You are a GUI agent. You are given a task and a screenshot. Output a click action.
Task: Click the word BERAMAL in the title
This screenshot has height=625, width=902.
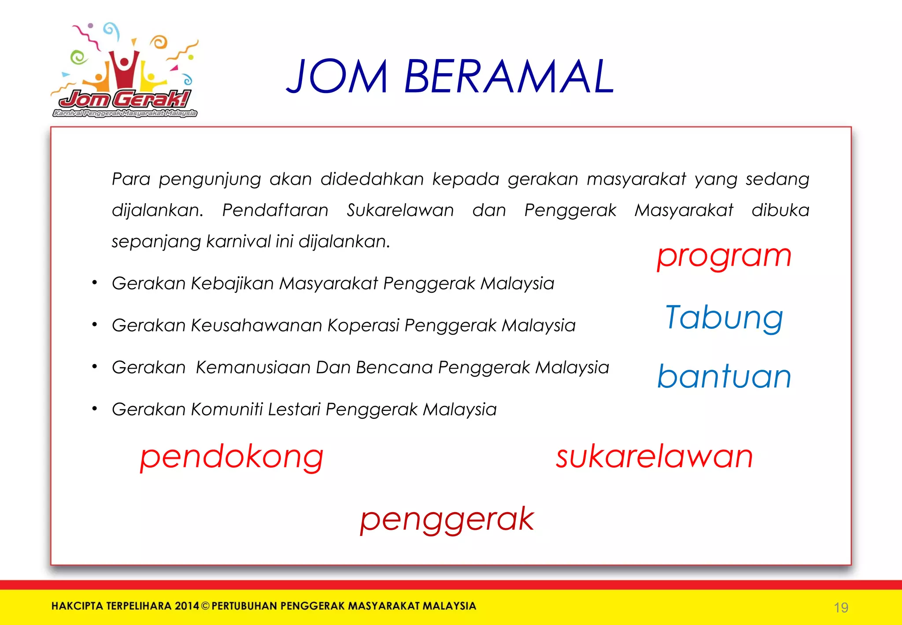coord(509,77)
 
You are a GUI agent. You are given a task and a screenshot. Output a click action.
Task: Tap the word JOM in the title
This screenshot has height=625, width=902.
coord(337,77)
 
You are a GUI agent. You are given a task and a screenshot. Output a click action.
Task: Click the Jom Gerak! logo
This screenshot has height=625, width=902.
coord(125,71)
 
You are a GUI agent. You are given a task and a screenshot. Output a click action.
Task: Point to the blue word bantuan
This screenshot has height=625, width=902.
coord(724,377)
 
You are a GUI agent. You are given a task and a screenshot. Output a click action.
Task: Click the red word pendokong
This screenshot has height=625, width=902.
coord(232,457)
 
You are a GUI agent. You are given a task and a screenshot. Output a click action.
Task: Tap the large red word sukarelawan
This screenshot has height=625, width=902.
coord(654,457)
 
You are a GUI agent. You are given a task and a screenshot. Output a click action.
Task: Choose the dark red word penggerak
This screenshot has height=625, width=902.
coord(447,519)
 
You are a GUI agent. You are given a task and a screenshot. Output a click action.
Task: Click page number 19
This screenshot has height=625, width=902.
coord(841,608)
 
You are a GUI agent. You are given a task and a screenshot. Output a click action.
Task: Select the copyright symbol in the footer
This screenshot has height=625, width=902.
coord(205,606)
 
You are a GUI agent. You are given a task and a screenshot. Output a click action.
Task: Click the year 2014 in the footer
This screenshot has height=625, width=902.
coord(187,606)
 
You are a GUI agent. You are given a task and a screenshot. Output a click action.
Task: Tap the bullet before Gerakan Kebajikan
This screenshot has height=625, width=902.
coord(94,283)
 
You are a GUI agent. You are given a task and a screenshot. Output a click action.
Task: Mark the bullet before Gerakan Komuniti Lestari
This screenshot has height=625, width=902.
coord(94,409)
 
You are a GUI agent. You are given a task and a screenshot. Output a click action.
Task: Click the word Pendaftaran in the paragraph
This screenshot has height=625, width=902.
coord(275,210)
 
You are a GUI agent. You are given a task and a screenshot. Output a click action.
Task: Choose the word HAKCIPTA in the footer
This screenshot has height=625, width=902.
coord(78,606)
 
